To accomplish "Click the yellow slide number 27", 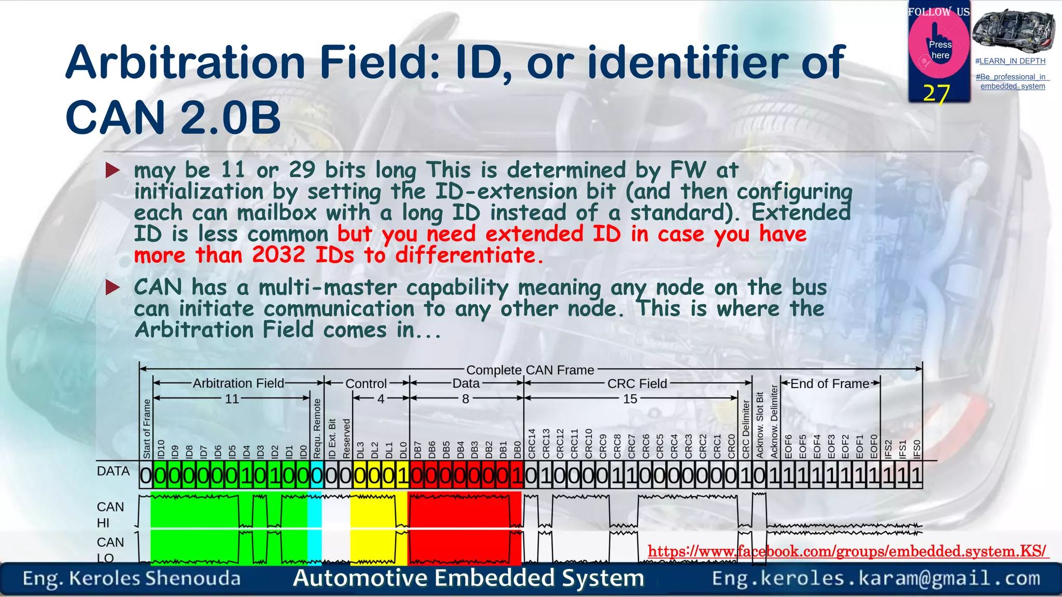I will [937, 93].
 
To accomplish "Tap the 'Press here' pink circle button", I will [939, 47].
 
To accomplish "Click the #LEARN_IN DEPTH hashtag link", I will [1010, 61].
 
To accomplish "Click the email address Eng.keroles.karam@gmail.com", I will [876, 578].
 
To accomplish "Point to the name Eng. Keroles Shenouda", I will [132, 578].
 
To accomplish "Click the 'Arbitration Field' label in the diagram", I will [239, 383].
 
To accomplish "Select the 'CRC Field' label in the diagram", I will [637, 383].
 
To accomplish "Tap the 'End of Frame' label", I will [830, 383].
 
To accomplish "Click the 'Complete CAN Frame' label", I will [530, 370].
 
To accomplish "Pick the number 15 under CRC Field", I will [630, 399].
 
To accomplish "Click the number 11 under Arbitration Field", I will [232, 399].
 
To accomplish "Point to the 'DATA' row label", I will [113, 471].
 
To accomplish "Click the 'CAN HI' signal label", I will [110, 515].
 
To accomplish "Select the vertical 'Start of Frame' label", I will [147, 429].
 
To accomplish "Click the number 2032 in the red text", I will [278, 255].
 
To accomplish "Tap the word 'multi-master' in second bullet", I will [327, 288].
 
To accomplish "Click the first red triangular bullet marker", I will [113, 170].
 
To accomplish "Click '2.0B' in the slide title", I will [230, 118].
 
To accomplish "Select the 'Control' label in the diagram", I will [366, 383].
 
